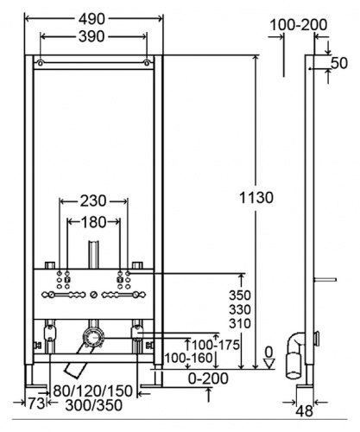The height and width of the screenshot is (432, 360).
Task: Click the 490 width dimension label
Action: (92, 19)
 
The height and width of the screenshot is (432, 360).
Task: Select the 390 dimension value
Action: (92, 36)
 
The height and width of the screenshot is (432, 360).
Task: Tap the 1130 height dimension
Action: (256, 198)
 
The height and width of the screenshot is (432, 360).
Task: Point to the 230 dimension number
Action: (93, 201)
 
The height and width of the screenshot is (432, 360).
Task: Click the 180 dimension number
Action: (93, 222)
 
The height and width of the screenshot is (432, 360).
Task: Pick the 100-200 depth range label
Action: (299, 25)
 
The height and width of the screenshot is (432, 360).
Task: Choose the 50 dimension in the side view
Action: (339, 63)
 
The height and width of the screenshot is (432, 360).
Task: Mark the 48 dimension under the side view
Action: (305, 410)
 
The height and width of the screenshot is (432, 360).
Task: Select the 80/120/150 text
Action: (93, 391)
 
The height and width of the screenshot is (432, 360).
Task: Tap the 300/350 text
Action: (94, 405)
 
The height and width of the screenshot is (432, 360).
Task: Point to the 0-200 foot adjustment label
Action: (208, 378)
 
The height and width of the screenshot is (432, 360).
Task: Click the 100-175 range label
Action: (216, 345)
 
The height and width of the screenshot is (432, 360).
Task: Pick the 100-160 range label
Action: (188, 359)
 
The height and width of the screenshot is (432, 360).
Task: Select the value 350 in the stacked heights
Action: (240, 295)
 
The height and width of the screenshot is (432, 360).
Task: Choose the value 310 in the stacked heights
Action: (240, 323)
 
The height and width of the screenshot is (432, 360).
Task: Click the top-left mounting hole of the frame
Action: (41, 62)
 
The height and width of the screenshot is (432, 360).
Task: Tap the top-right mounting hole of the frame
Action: (147, 62)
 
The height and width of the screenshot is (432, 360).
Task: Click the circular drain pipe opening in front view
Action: (92, 338)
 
